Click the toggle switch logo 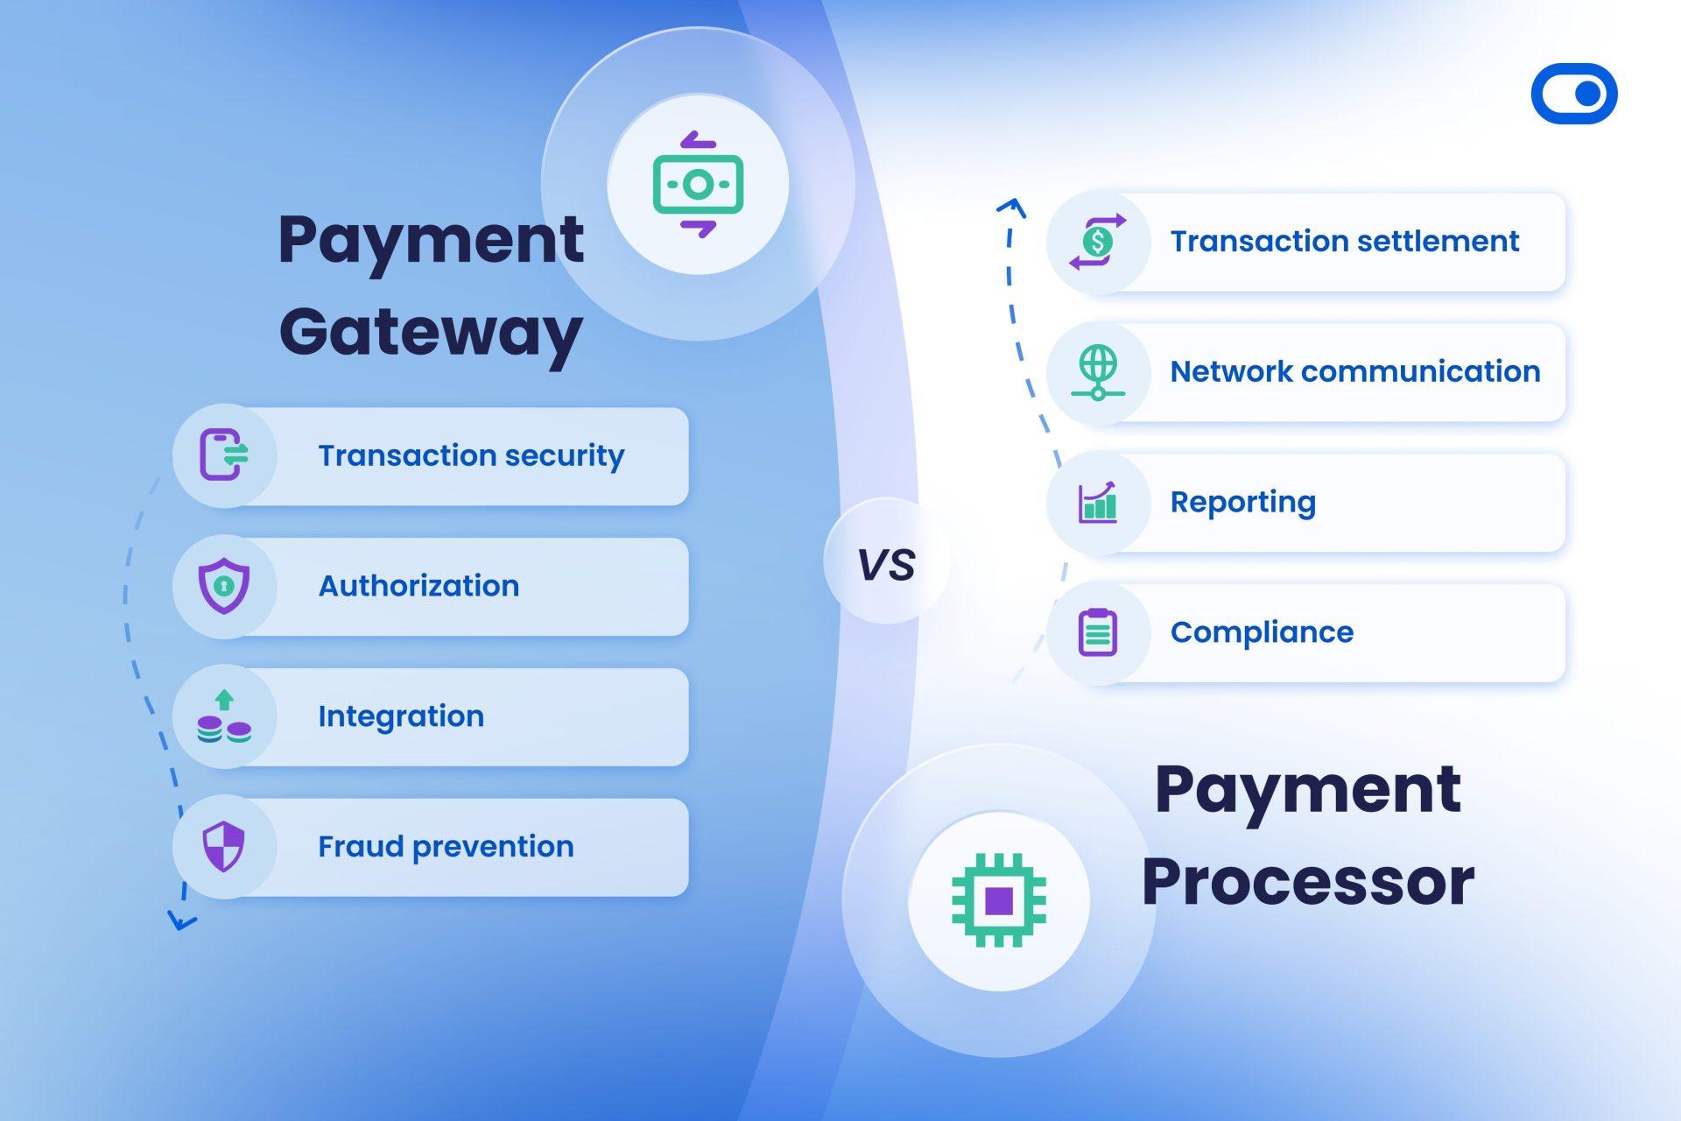tap(1573, 94)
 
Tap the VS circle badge tap(886, 561)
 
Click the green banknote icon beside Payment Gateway tap(698, 184)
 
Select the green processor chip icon tap(998, 899)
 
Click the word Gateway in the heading tap(431, 334)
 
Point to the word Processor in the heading tap(1307, 881)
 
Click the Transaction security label tap(471, 456)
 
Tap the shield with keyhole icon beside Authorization tap(224, 586)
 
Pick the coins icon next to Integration tap(224, 717)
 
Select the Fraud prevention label tap(446, 847)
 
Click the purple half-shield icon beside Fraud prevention tap(224, 847)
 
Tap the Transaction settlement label tap(1344, 242)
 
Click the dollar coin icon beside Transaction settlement tap(1098, 242)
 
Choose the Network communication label tap(1354, 372)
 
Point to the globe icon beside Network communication tap(1098, 372)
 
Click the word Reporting tap(1242, 502)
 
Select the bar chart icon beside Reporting tap(1098, 503)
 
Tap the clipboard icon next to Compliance tap(1098, 632)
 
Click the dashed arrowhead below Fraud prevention tap(181, 921)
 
